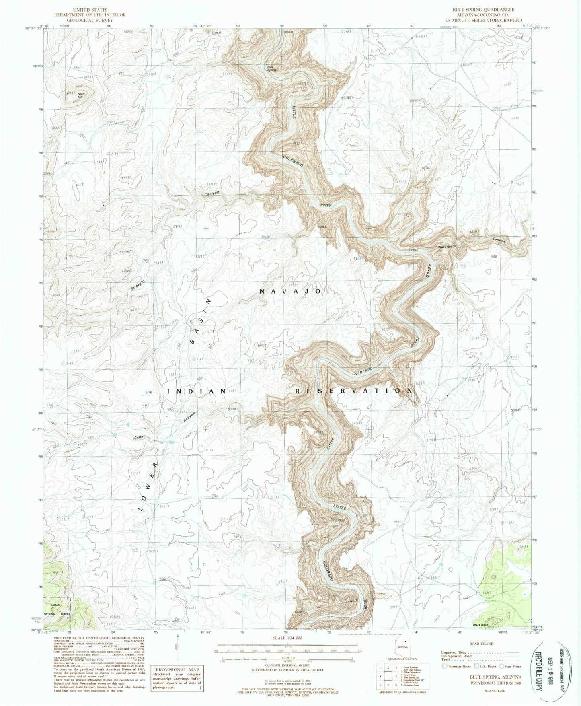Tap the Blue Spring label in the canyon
272,68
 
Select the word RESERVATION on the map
348,391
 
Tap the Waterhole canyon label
447,246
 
